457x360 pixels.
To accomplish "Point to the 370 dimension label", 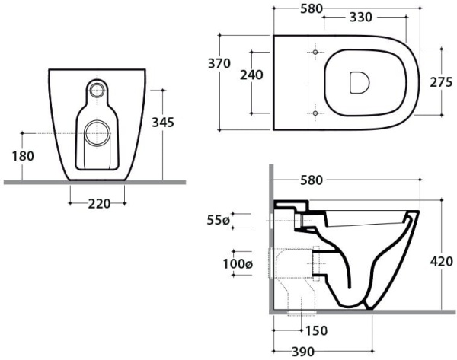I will (x=219, y=64).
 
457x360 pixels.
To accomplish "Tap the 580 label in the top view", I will (x=312, y=8).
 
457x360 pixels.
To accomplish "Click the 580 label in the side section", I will (x=312, y=180).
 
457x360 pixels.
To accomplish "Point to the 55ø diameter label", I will (x=217, y=221).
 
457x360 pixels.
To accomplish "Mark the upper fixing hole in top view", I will (x=315, y=52).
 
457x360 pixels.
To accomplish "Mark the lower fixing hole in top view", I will (x=315, y=114).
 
